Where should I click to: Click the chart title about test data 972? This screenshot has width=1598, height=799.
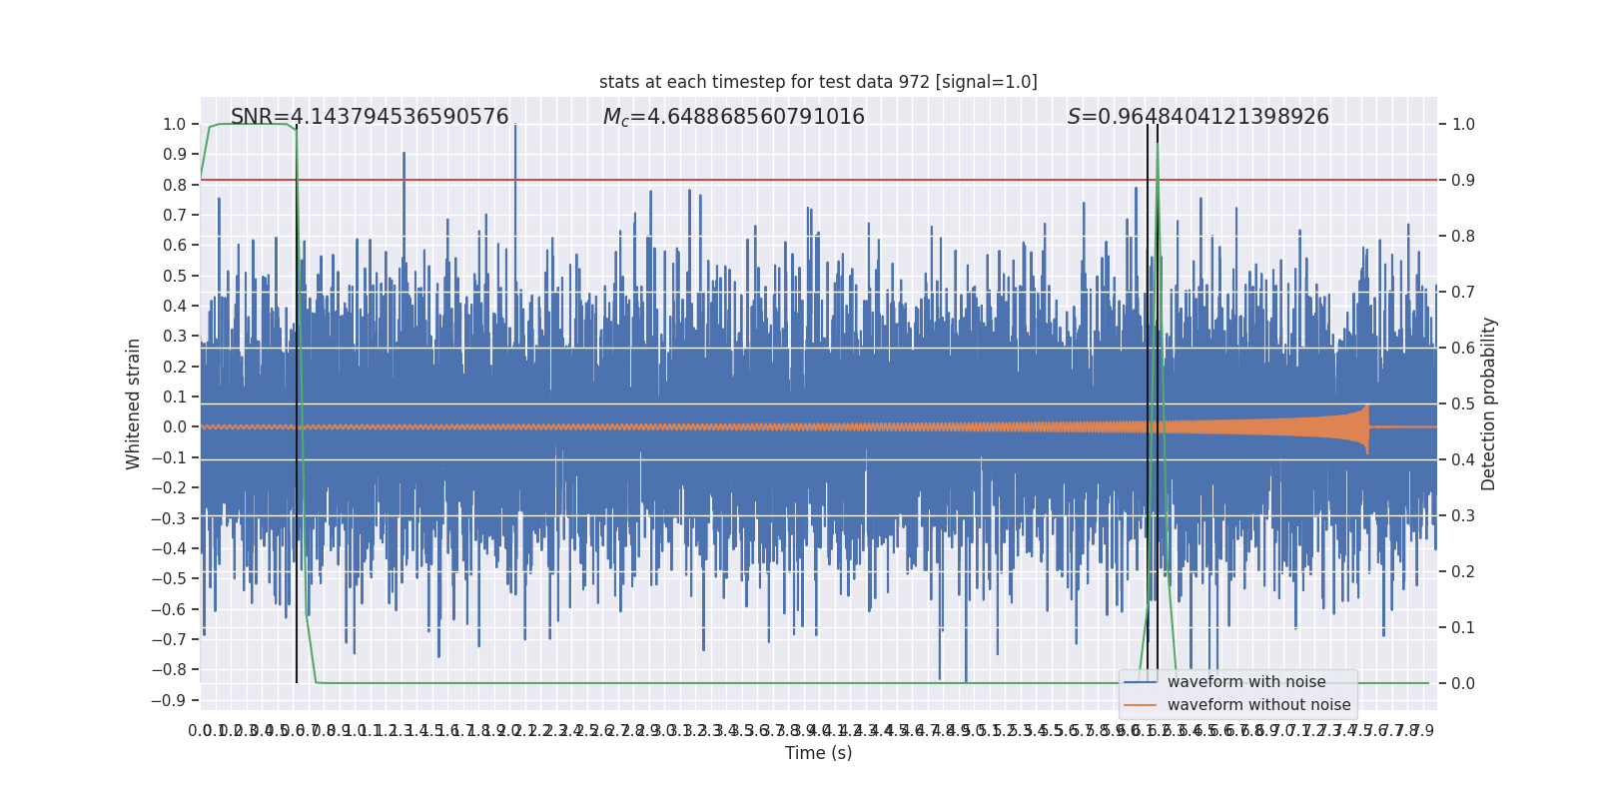[818, 82]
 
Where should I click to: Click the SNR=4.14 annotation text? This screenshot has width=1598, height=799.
[370, 117]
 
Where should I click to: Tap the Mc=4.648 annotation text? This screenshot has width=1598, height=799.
[733, 117]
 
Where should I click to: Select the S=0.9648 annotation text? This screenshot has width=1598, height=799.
[1198, 117]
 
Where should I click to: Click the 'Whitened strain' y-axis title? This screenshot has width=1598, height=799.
[134, 403]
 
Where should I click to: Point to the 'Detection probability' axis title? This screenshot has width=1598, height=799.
[1488, 403]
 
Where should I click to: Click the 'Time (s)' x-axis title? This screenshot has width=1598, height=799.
[818, 753]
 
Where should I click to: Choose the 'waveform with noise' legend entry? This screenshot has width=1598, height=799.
[1245, 682]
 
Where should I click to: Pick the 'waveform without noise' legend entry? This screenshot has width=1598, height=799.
[1257, 705]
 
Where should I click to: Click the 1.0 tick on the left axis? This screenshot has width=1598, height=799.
[174, 124]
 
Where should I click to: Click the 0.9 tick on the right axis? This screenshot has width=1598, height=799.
[1463, 180]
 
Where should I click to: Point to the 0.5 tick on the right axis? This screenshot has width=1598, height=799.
[1463, 403]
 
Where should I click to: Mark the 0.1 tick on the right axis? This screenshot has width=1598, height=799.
[1463, 627]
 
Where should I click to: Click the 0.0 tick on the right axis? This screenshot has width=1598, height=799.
[1463, 683]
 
